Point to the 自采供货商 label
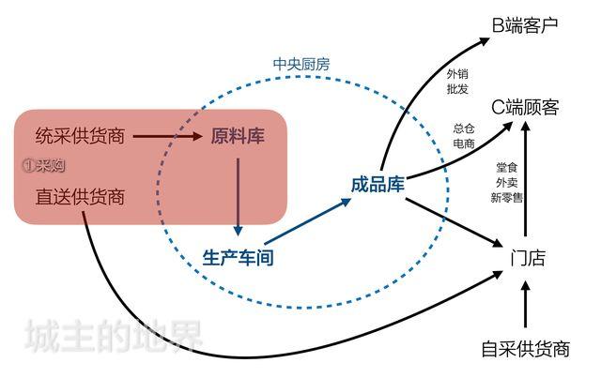(x=525, y=350)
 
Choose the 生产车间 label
(x=239, y=257)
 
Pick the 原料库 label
(x=238, y=136)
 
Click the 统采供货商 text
(x=80, y=136)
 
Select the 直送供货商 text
(x=80, y=198)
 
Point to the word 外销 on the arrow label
(x=458, y=73)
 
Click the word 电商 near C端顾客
(x=463, y=143)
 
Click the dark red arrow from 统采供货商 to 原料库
(x=167, y=137)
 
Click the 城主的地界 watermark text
(x=113, y=337)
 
